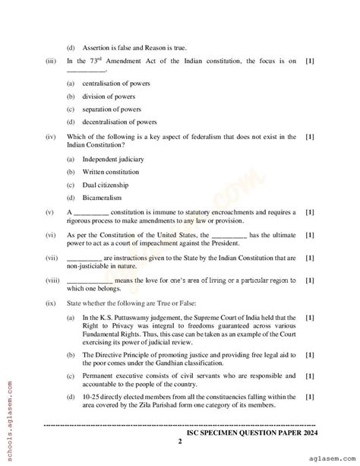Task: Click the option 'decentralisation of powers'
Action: pyautogui.click(x=122, y=122)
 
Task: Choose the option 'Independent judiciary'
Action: pyautogui.click(x=112, y=160)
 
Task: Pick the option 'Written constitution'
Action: pyautogui.click(x=111, y=172)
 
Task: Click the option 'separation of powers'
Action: pyautogui.click(x=111, y=109)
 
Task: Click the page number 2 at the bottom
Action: pyautogui.click(x=180, y=441)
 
